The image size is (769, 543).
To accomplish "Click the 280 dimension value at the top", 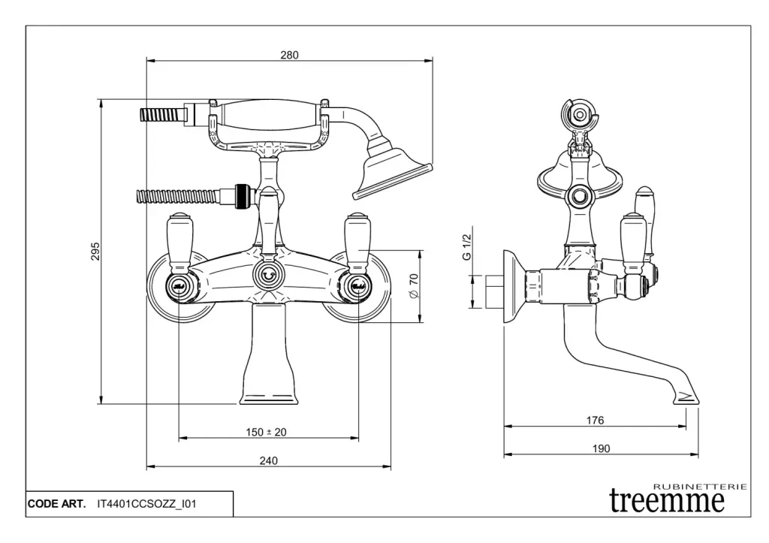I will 289,55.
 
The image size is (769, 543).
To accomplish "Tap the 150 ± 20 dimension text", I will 267,432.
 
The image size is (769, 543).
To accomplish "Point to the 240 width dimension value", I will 268,460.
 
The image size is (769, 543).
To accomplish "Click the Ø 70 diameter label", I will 412,285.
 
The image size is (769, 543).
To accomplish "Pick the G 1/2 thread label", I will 467,246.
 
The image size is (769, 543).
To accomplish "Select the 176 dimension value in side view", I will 595,421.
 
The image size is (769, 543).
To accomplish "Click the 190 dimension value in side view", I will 601,448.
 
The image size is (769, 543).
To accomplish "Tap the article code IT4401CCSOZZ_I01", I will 146,504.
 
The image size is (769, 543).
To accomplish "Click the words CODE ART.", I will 57,504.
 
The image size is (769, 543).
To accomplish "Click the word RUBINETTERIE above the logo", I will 700,487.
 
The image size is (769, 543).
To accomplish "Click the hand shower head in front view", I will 392,170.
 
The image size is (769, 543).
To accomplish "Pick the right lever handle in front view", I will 357,239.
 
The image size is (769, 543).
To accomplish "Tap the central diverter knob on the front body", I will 268,276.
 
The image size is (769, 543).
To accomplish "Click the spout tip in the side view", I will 686,396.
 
